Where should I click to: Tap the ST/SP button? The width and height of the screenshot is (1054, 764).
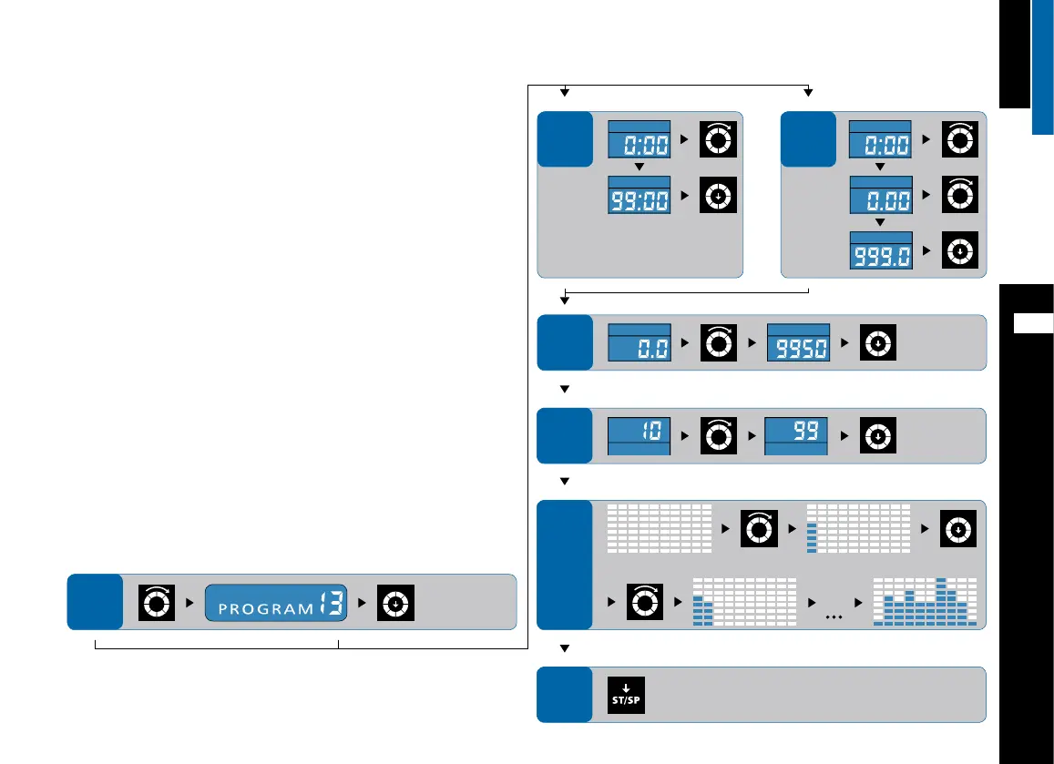626,695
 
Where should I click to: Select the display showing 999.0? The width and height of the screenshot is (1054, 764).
880,250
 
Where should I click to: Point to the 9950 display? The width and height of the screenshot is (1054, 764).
798,341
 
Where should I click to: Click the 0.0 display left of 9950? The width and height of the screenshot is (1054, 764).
640,341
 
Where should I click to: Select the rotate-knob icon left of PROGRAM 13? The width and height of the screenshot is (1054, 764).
155,602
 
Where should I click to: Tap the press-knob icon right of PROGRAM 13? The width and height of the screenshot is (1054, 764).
397,602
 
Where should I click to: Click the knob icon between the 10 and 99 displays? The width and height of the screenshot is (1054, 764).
718,435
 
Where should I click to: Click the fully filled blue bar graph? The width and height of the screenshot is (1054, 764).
925,602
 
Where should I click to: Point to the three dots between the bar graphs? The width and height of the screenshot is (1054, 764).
831,616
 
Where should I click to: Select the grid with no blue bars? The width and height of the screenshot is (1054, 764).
659,528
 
